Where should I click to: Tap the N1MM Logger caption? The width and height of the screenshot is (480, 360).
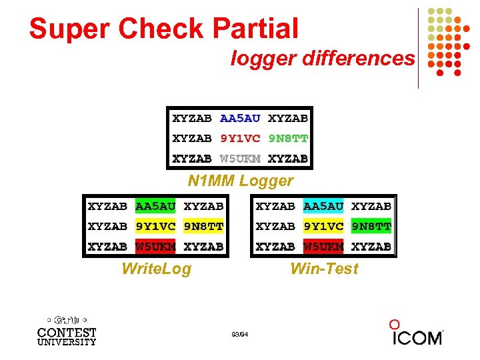[x=240, y=181]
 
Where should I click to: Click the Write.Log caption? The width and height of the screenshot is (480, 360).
[x=156, y=269]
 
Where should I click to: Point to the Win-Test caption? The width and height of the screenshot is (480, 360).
[x=324, y=269]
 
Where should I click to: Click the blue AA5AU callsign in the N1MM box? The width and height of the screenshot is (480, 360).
[x=240, y=119]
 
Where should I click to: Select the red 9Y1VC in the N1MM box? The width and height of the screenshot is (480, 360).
[x=240, y=139]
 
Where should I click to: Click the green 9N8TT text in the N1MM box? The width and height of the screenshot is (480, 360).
[x=288, y=139]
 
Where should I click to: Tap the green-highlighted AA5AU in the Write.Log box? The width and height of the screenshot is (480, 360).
[x=155, y=207]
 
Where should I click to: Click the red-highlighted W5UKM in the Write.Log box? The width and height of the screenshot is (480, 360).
[x=155, y=247]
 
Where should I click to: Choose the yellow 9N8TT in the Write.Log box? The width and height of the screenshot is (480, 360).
[x=203, y=227]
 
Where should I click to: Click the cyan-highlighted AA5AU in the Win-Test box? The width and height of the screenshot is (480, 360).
[x=323, y=207]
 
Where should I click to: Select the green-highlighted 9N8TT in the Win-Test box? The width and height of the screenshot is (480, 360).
[x=371, y=227]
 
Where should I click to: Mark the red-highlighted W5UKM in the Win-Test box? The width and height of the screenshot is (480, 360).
[x=323, y=247]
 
